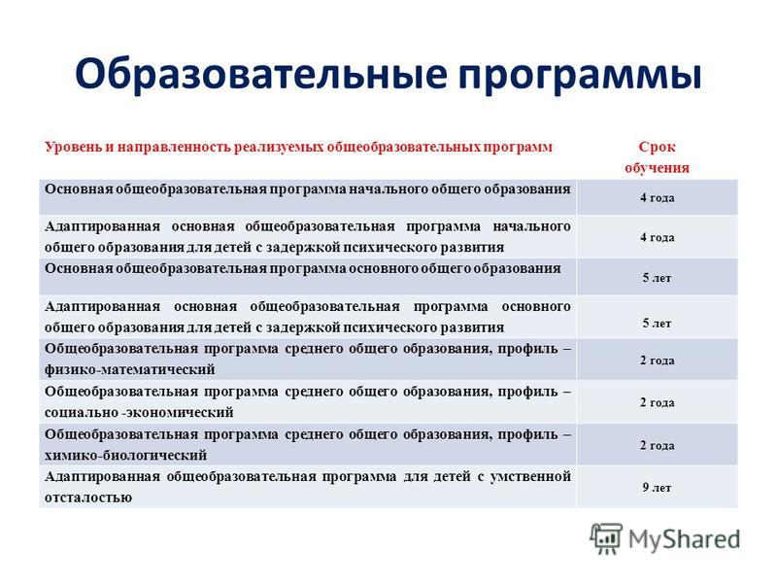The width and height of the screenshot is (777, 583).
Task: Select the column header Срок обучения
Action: (x=658, y=157)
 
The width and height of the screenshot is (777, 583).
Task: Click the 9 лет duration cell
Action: (x=658, y=488)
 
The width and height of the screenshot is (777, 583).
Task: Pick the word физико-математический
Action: (x=130, y=369)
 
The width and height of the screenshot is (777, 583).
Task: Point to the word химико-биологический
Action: (x=126, y=455)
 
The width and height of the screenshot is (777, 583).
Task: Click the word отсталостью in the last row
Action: (x=88, y=497)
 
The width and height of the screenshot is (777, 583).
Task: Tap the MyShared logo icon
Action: (x=605, y=538)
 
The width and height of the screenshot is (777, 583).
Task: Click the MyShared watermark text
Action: (x=685, y=539)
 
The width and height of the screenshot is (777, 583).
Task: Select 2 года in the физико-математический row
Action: (x=658, y=360)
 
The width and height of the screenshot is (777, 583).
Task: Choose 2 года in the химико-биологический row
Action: (x=658, y=445)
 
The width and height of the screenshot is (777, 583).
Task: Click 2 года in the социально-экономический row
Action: (x=658, y=402)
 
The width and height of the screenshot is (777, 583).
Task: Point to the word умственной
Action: (x=530, y=476)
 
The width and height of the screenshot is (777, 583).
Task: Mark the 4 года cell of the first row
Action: (x=658, y=197)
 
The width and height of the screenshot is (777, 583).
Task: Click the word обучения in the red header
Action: (x=658, y=167)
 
